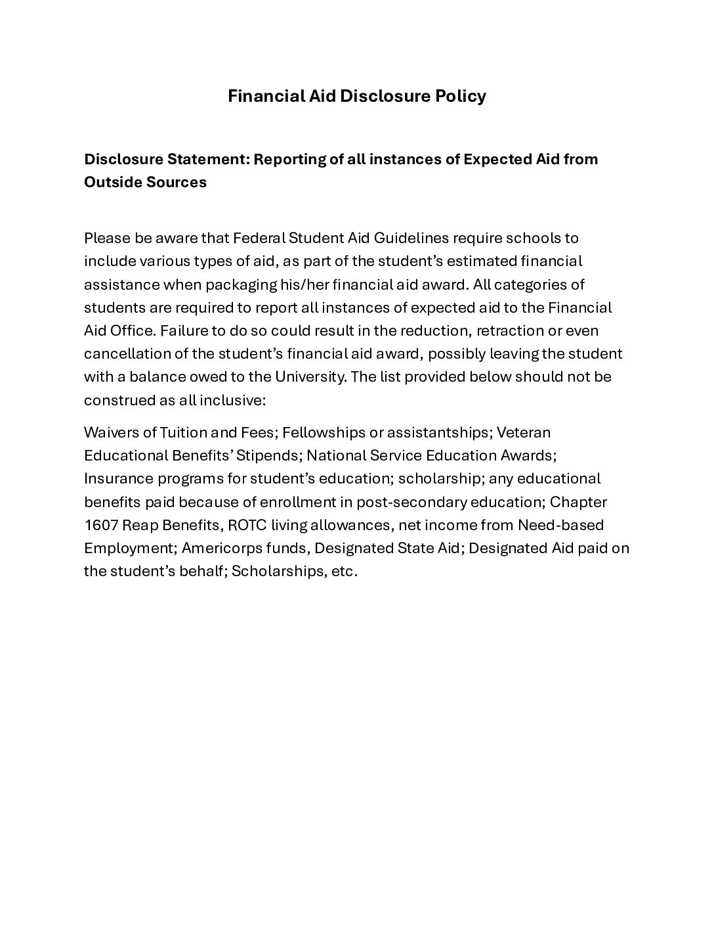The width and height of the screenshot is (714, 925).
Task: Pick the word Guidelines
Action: coord(393,238)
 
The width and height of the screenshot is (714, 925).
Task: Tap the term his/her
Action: coord(309,284)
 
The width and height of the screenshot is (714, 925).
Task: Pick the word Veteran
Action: coord(523,432)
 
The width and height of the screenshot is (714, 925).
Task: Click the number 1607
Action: coord(100,525)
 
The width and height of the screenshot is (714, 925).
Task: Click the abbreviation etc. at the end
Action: coord(345,571)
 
